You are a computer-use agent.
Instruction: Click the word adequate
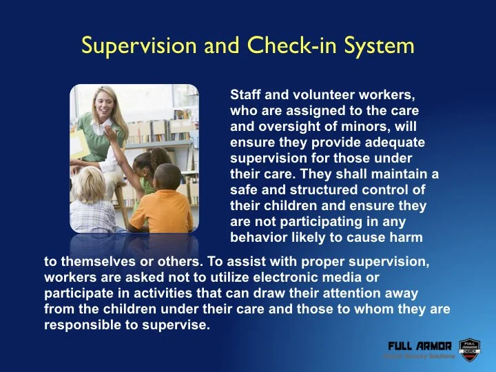[401, 142]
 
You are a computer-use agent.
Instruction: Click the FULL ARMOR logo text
[420, 345]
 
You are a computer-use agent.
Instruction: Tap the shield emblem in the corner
[468, 348]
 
